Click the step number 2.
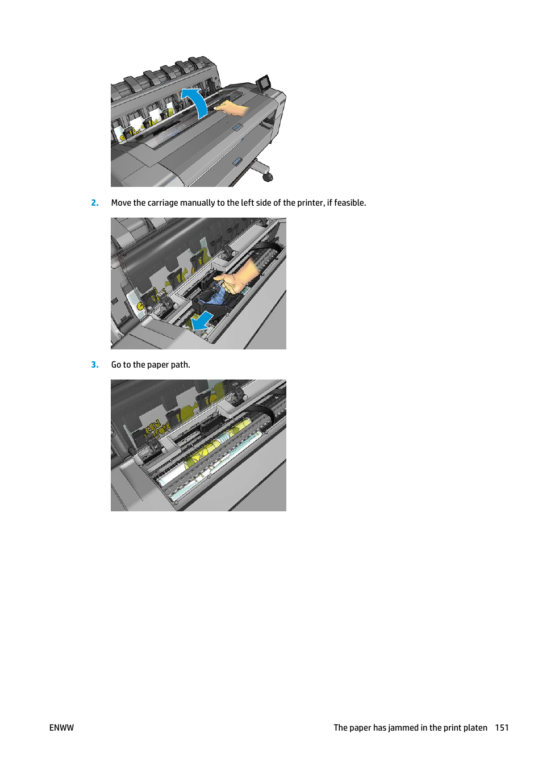94,203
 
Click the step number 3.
94,365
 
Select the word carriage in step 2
163,203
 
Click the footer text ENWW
61,728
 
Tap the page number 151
502,728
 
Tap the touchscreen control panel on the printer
264,83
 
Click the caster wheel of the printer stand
267,177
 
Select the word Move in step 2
121,203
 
